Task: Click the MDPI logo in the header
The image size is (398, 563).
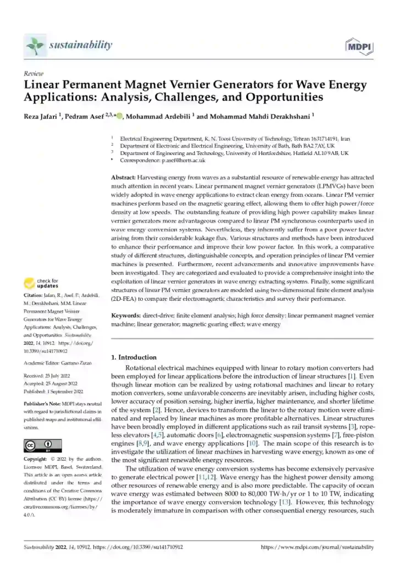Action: pyautogui.click(x=358, y=47)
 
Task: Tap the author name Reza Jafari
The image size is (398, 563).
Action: pyautogui.click(x=43, y=116)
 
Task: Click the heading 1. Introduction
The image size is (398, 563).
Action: pyautogui.click(x=134, y=357)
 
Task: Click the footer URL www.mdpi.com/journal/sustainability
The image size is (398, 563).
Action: pyautogui.click(x=317, y=548)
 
